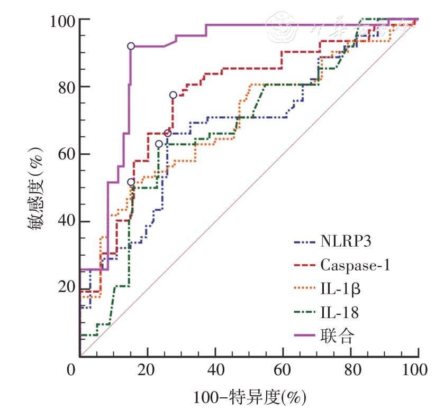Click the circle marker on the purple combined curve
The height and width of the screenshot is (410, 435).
pyautogui.click(x=131, y=46)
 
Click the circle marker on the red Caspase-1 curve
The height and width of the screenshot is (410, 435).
pyautogui.click(x=173, y=95)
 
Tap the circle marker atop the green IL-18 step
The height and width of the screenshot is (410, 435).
pyautogui.click(x=159, y=144)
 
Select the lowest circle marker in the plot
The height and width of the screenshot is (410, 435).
pyautogui.click(x=131, y=182)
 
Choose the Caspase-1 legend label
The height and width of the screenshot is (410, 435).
pyautogui.click(x=355, y=265)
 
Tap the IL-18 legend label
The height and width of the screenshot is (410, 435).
pyautogui.click(x=339, y=313)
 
